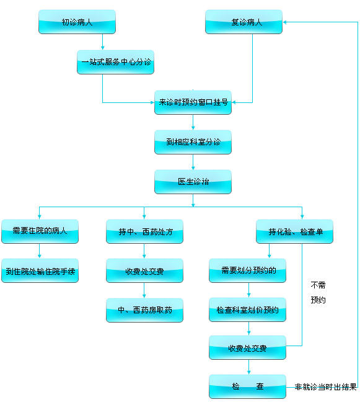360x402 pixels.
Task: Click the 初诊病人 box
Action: tap(77, 22)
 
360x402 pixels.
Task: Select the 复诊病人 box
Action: tap(244, 22)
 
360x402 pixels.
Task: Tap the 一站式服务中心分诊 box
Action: tap(116, 62)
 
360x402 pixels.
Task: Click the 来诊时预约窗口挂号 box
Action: tap(193, 102)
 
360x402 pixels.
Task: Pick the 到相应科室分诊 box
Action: tap(193, 142)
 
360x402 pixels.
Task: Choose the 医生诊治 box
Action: tap(193, 182)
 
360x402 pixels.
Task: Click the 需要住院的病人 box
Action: tap(40, 231)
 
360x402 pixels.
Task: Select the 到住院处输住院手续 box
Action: tap(40, 271)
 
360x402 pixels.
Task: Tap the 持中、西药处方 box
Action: tap(144, 231)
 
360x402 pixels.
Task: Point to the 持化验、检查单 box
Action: tap(295, 231)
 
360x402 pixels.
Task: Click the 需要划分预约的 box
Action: tap(247, 270)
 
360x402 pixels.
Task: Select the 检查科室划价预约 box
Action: tap(247, 310)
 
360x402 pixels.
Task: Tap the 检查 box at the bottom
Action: tap(247, 386)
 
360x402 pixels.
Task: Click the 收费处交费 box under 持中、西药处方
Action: tap(144, 271)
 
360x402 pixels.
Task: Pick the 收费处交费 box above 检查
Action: tap(247, 348)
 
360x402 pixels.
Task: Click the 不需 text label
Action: tap(318, 285)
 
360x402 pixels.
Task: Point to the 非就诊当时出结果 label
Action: tap(325, 387)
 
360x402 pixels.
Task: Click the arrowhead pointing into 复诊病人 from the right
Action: tap(285, 22)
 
